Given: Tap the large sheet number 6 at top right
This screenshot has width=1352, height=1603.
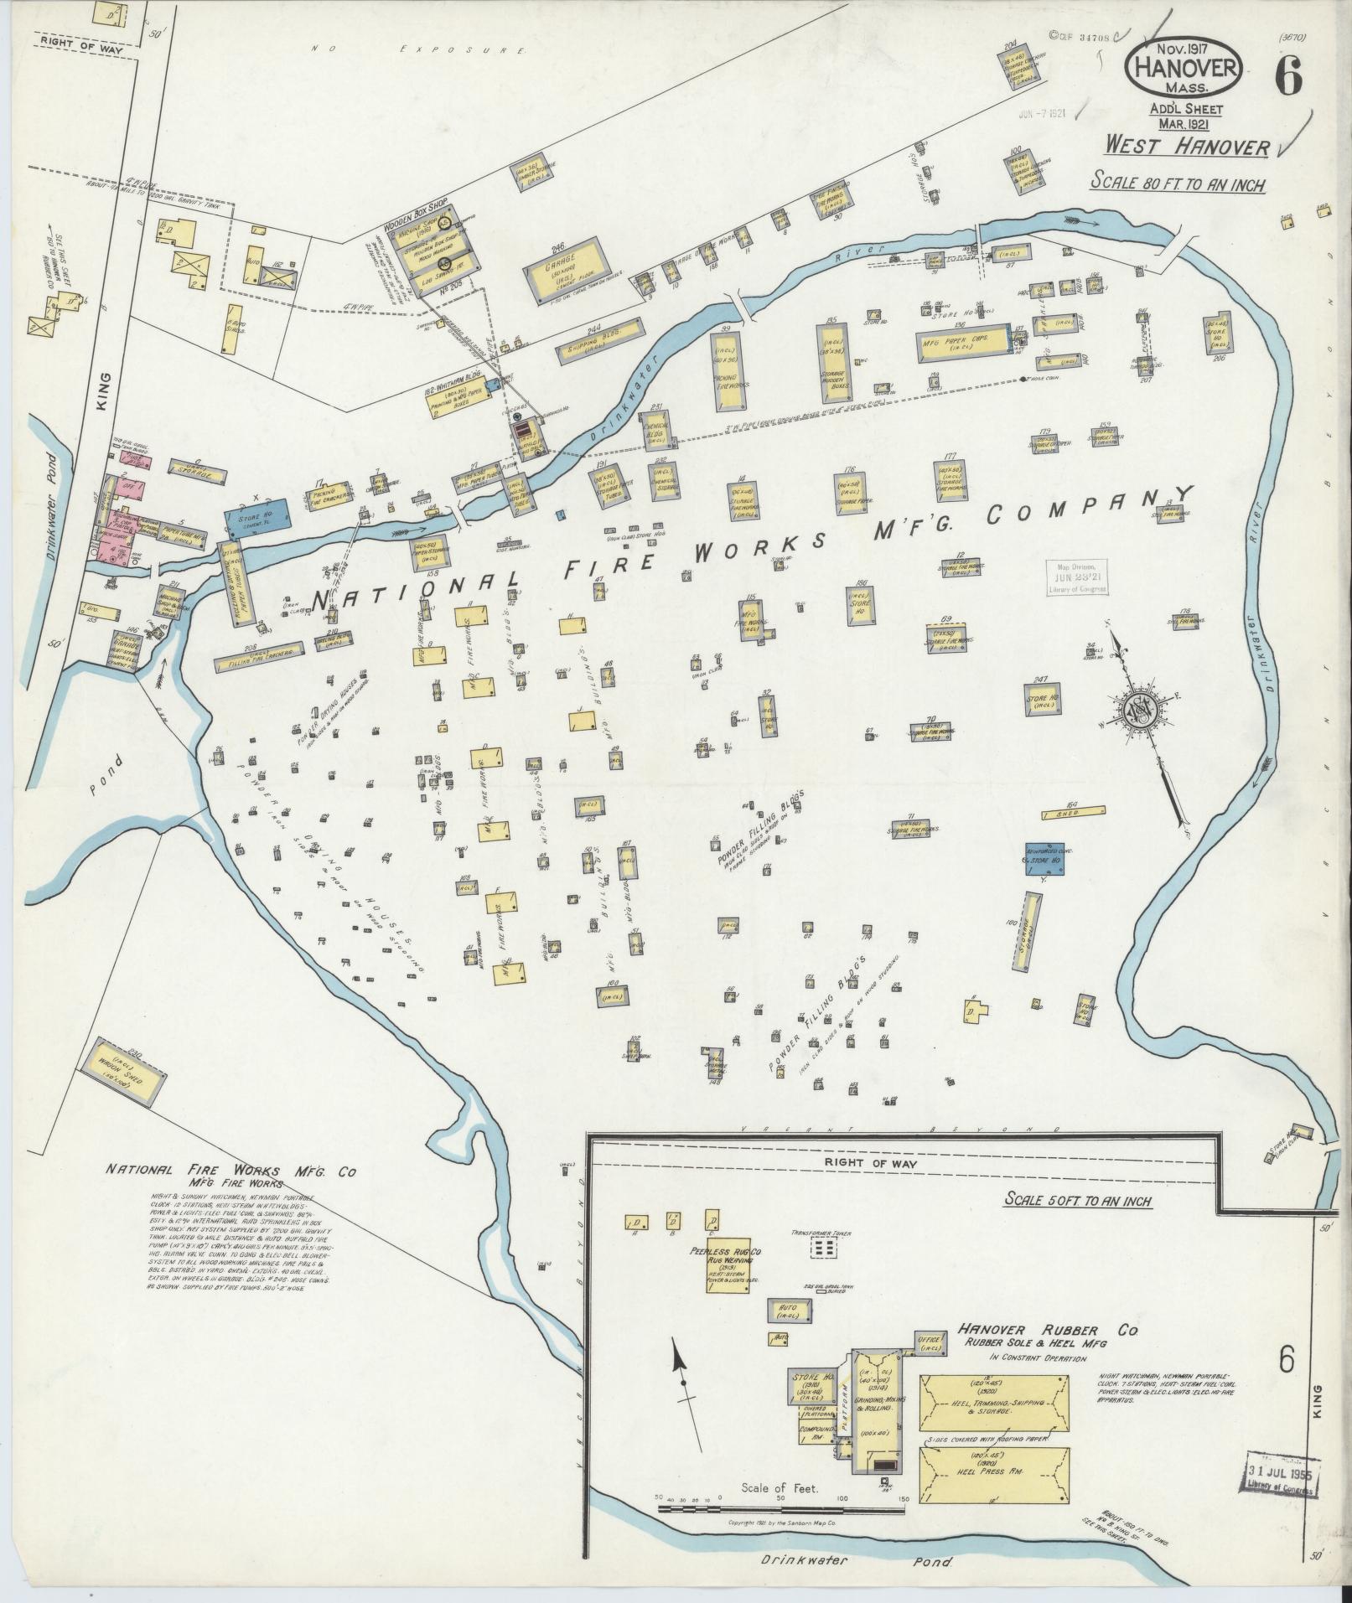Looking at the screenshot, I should (x=1288, y=78).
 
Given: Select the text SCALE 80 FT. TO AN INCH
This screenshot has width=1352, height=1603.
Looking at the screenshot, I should (x=1178, y=183).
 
